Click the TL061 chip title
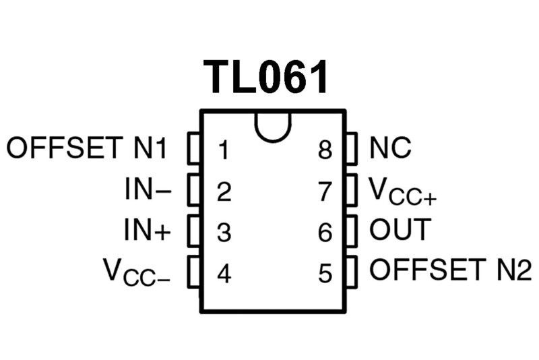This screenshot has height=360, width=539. click(x=265, y=77)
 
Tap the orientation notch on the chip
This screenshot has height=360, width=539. click(x=273, y=127)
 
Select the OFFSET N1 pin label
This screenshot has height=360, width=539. click(x=87, y=148)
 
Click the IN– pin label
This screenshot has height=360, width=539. click(x=148, y=189)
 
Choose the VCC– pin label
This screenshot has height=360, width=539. click(x=137, y=272)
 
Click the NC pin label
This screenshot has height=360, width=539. click(x=390, y=148)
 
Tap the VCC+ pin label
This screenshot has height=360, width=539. click(x=402, y=191)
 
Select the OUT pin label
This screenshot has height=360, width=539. click(x=400, y=229)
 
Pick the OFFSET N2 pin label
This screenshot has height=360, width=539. click(x=451, y=269)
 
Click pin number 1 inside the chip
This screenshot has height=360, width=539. click(x=224, y=150)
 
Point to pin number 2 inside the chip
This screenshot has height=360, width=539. click(x=224, y=191)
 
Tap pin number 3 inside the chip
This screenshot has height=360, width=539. click(x=224, y=232)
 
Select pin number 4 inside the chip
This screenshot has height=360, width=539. click(x=224, y=274)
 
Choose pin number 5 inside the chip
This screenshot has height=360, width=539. click(x=325, y=274)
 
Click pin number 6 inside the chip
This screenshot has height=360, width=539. click(x=325, y=232)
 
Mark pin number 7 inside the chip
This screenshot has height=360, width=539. click(x=325, y=191)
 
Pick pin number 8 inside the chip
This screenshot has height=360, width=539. click(x=325, y=150)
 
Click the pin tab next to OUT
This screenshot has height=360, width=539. click(x=351, y=231)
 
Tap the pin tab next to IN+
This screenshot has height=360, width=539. click(x=194, y=231)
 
